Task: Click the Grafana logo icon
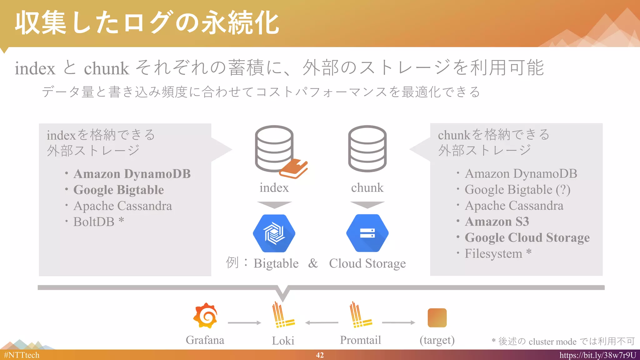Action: [x=205, y=316]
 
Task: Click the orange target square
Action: [x=437, y=317]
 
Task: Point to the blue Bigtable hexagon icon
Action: [x=274, y=233]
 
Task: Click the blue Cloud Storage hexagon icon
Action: [x=367, y=233]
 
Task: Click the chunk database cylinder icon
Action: [x=367, y=148]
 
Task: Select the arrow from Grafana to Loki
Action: [x=244, y=322]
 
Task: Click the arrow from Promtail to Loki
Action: [x=322, y=322]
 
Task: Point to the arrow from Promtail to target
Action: [x=398, y=322]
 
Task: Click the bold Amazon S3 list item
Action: [x=497, y=222]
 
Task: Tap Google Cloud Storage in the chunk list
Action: [x=527, y=237]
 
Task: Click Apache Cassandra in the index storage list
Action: [x=122, y=206]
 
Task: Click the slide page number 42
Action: [x=320, y=355]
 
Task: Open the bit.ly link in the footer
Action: [x=597, y=355]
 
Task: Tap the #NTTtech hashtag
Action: [x=22, y=355]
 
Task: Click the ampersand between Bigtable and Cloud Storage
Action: [x=313, y=263]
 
